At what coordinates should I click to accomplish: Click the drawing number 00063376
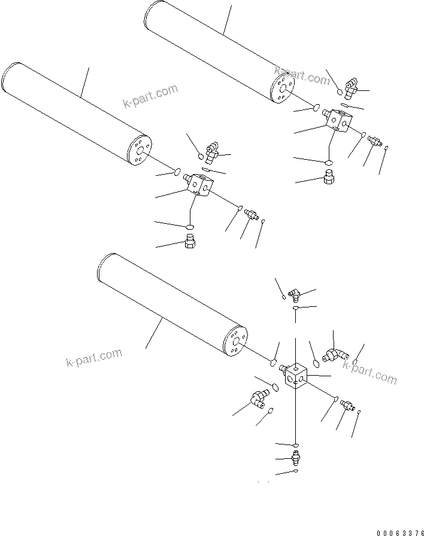[400, 531]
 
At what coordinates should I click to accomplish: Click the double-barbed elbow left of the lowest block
[259, 398]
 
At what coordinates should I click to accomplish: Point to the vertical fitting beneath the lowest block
[296, 459]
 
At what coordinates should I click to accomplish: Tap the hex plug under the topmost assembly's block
[328, 177]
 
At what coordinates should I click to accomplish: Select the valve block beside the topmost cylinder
[339, 119]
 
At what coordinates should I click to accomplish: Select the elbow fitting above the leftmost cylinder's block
[211, 154]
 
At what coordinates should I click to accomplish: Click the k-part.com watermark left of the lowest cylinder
[93, 358]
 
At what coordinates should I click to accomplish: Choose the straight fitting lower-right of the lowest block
[347, 406]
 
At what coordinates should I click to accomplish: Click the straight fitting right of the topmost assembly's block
[374, 141]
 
